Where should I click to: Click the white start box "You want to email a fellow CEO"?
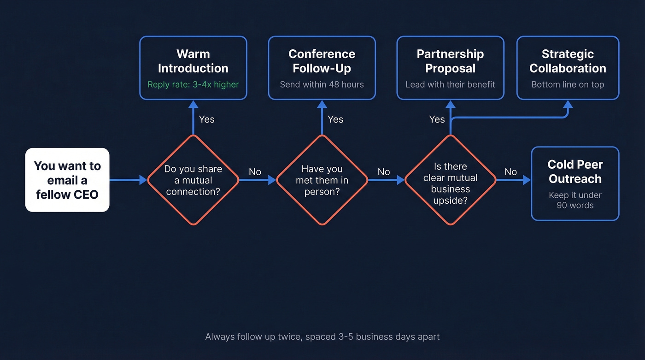[x=67, y=180]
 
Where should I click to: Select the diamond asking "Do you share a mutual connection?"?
[x=193, y=180]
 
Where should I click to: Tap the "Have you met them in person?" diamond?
[x=322, y=180]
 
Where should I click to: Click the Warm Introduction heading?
[x=193, y=61]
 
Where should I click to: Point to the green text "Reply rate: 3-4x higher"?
[x=193, y=84]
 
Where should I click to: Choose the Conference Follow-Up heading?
[x=322, y=61]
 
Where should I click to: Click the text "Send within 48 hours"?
[x=322, y=84]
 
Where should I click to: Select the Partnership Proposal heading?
[x=450, y=61]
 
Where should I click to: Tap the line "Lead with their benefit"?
[x=450, y=84]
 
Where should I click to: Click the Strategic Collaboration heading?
[x=568, y=61]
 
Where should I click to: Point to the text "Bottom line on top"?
[x=568, y=84]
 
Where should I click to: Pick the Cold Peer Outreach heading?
[x=575, y=171]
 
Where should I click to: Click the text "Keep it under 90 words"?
[x=575, y=200]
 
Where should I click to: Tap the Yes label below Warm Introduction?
[x=206, y=119]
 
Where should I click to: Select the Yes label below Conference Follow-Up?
[x=335, y=119]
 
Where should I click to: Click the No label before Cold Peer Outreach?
[x=510, y=172]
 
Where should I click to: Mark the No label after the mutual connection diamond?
[x=255, y=172]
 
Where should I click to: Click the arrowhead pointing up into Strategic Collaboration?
[x=568, y=105]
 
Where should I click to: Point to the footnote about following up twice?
[x=322, y=336]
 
